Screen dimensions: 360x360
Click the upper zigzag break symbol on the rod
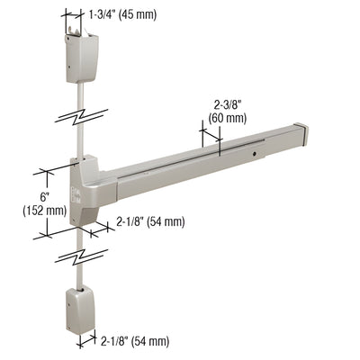(x=80, y=116)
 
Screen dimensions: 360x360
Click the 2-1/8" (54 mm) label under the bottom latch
(x=134, y=340)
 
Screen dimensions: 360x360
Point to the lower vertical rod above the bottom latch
(x=80, y=275)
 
